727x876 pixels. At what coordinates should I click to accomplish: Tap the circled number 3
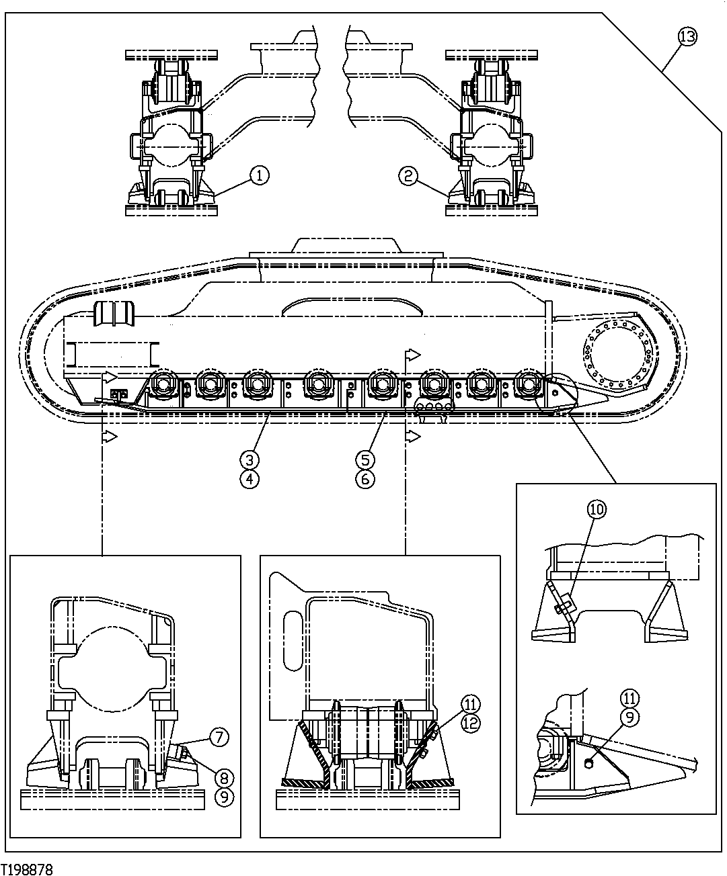250,459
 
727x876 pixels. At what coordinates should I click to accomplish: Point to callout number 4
250,479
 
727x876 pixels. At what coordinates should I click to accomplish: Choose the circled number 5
365,459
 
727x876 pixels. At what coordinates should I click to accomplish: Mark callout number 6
365,479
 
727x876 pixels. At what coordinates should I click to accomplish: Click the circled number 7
219,737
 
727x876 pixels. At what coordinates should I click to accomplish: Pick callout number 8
224,778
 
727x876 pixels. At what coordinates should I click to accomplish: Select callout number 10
597,509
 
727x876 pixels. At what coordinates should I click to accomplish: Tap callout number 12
471,724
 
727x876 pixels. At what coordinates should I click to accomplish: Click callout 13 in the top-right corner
687,37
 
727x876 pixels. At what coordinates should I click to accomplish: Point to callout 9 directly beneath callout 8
224,797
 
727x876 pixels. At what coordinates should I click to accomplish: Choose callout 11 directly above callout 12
471,704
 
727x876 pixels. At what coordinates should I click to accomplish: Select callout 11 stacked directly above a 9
630,697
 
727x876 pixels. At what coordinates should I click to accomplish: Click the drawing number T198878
27,869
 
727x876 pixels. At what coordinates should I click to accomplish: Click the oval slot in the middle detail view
293,640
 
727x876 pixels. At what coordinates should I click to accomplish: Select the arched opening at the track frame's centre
353,308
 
